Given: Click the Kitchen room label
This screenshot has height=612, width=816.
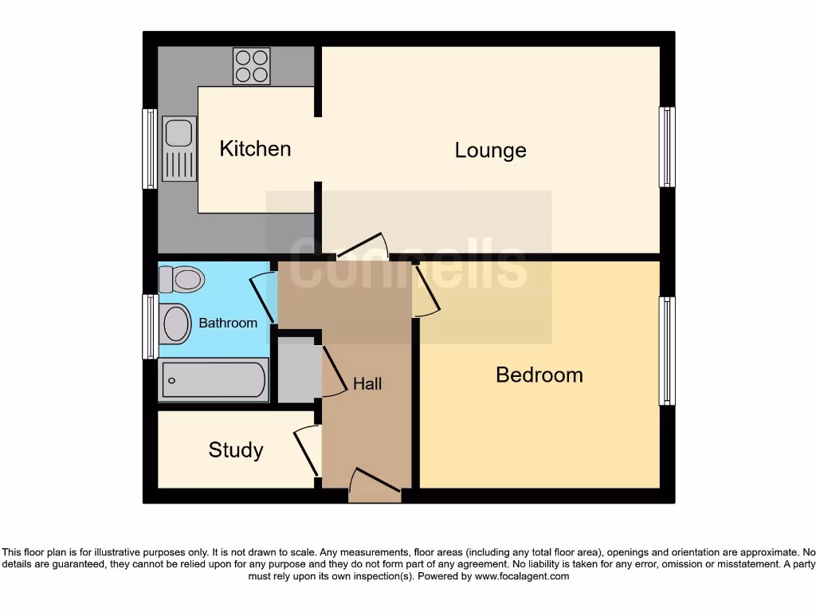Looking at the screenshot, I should (x=255, y=149).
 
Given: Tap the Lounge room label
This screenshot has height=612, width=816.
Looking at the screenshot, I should (x=490, y=151).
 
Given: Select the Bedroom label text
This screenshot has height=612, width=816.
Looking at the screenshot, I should (x=539, y=375).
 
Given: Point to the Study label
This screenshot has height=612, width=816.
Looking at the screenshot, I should (x=236, y=450).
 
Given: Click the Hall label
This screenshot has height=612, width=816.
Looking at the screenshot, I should (x=367, y=384).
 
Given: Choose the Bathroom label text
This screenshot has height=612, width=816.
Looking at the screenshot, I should (x=228, y=324).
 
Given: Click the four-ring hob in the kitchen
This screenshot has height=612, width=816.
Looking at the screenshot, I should (x=251, y=66).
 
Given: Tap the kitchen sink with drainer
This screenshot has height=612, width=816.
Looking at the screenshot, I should (x=178, y=149).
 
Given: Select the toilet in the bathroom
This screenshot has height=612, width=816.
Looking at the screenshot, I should (x=182, y=280).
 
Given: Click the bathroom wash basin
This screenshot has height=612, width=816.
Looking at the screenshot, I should (x=175, y=324).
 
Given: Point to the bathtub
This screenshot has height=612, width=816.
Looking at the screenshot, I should (x=214, y=380).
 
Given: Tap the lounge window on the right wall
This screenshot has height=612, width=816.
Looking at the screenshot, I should (x=667, y=147).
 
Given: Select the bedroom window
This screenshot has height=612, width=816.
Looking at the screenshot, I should (x=667, y=351).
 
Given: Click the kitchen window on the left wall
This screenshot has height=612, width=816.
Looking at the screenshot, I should (x=149, y=149).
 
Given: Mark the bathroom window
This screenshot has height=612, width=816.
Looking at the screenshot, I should (x=149, y=326).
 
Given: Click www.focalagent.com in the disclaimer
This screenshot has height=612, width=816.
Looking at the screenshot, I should (x=522, y=576).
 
